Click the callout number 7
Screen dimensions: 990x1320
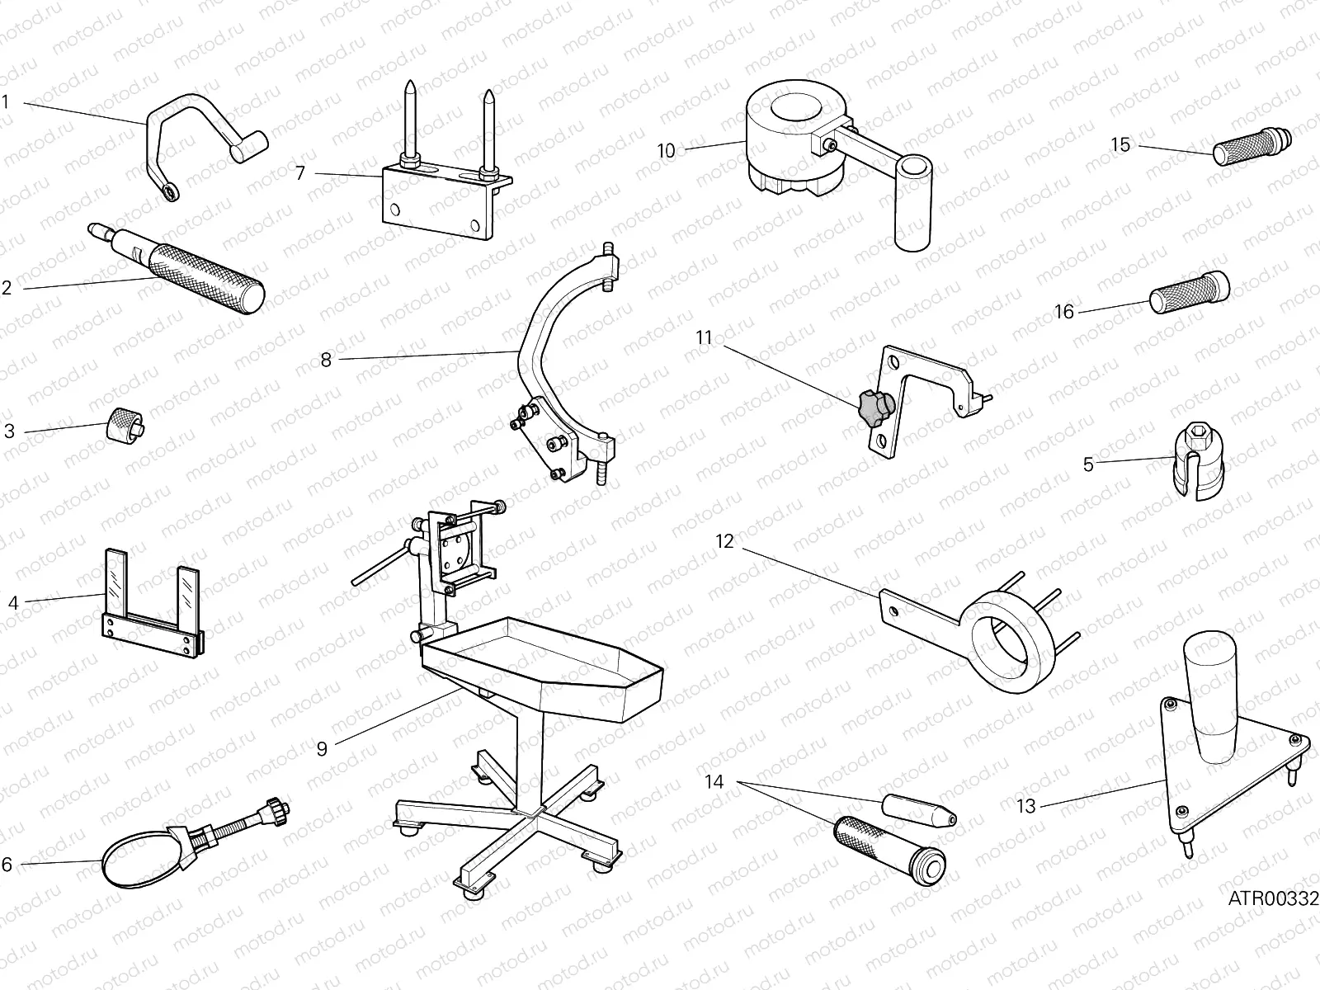(300, 173)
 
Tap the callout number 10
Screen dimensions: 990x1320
(666, 151)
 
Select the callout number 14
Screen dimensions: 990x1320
(714, 780)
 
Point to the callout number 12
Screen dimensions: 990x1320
(724, 542)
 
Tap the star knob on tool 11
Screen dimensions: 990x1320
(876, 406)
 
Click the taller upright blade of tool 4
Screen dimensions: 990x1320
(116, 584)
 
